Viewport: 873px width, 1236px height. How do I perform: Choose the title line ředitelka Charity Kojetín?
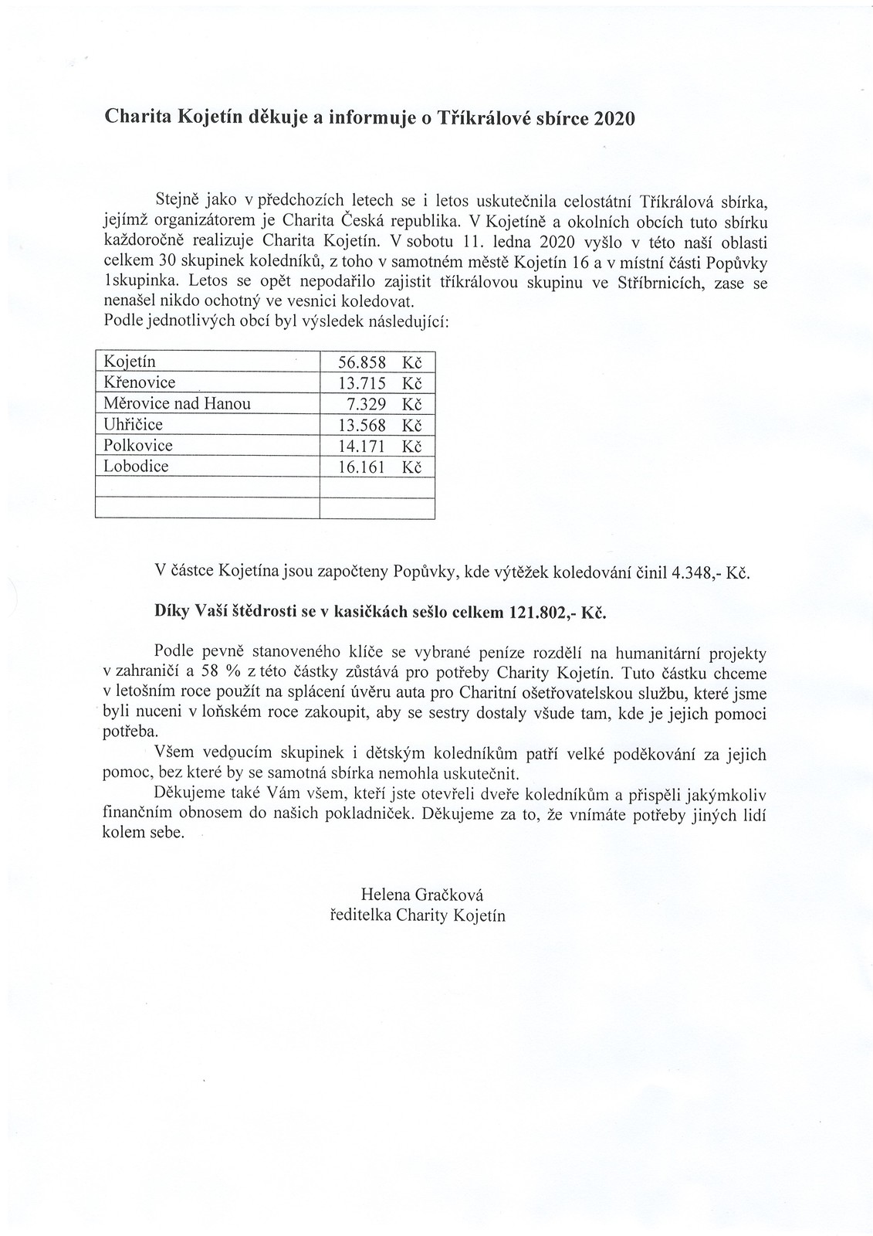tap(418, 916)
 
